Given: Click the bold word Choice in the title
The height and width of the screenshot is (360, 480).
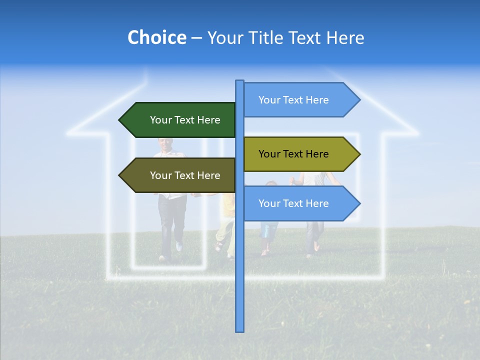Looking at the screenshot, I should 156,38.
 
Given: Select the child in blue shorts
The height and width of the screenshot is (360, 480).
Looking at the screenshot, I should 269,220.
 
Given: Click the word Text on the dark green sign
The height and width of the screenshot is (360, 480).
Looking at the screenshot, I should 185,120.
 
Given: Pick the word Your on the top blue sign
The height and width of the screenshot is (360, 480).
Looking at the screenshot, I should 269,100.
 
